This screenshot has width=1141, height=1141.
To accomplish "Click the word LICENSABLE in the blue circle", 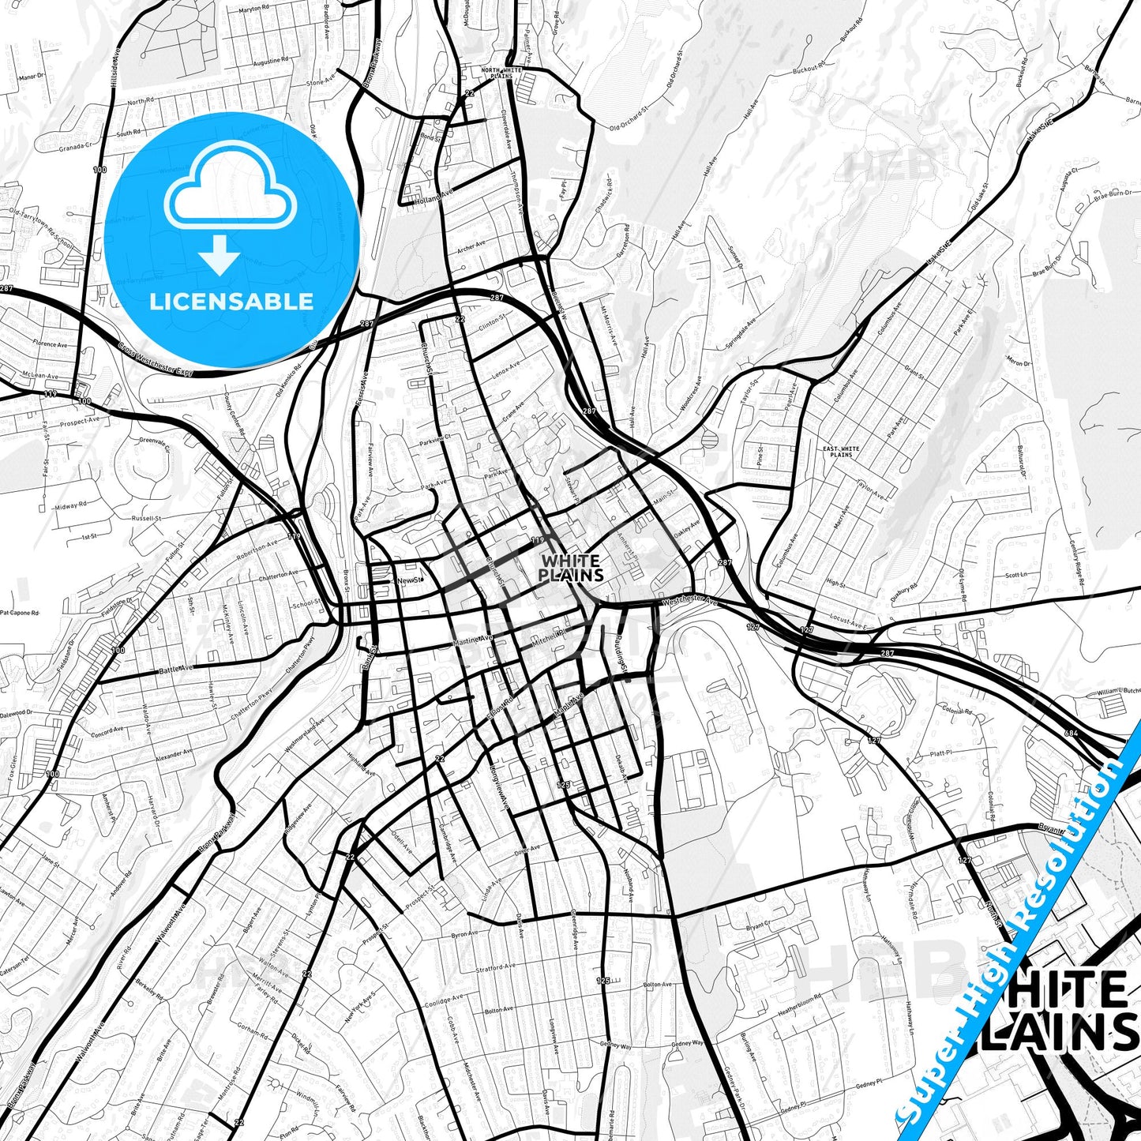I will pos(231,302).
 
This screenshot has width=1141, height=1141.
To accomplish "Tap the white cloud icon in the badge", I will pos(231,187).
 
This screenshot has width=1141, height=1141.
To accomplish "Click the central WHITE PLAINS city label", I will pos(571,569).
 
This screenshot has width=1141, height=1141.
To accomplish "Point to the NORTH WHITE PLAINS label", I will pos(501,73).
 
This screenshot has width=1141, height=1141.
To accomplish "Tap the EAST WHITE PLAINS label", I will pos(841,452).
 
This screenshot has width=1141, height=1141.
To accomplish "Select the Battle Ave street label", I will pos(176,668).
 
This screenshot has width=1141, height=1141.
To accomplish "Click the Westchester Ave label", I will pos(689,602).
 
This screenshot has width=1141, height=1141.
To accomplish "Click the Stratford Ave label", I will pos(495,967).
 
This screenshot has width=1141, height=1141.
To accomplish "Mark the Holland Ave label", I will pos(435,192).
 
